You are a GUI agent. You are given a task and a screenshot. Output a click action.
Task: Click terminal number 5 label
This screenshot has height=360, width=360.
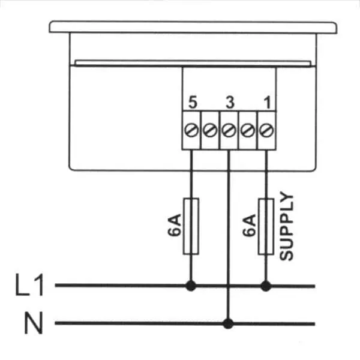coord(193,103)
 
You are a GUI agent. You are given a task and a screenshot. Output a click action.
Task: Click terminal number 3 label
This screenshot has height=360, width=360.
coord(230,103)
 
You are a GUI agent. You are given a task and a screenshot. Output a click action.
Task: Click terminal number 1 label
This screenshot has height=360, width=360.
coord(268,103)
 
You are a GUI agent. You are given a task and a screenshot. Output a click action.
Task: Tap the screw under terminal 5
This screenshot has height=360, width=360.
coord(191,130)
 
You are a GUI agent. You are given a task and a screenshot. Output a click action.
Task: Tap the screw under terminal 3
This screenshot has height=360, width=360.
coord(229,130)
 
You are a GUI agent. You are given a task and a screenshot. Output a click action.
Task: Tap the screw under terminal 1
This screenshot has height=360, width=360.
coord(266,130)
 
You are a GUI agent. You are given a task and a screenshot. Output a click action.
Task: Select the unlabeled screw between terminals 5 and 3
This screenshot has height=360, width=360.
coord(210,130)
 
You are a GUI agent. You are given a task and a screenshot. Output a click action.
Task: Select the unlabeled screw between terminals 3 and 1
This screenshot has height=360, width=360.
coord(248,130)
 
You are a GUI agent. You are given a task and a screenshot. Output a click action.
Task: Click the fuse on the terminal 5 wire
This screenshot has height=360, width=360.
coord(191,226)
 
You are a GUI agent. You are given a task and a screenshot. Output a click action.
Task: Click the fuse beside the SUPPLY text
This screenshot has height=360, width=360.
coord(266,226)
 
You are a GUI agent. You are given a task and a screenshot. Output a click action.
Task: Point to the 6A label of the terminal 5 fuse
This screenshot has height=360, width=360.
coord(174,225)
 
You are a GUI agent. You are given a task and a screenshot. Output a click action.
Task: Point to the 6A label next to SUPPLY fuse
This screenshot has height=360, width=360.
coord(249,225)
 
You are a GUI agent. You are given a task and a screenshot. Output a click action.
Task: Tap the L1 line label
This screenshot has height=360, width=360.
coord(29,284)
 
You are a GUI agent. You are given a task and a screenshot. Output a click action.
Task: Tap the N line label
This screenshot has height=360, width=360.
coord(34,323)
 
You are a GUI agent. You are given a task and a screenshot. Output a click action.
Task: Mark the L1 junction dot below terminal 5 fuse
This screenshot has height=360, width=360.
coord(191,286)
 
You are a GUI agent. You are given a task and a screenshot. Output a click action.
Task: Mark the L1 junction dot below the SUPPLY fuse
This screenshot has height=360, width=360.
coord(266,286)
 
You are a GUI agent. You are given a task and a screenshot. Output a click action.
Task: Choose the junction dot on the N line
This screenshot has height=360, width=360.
coord(228,323)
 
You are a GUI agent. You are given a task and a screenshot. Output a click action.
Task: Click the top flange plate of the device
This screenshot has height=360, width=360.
coord(193,28)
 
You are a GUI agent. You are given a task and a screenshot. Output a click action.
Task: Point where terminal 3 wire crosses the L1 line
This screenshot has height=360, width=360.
coord(228,286)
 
